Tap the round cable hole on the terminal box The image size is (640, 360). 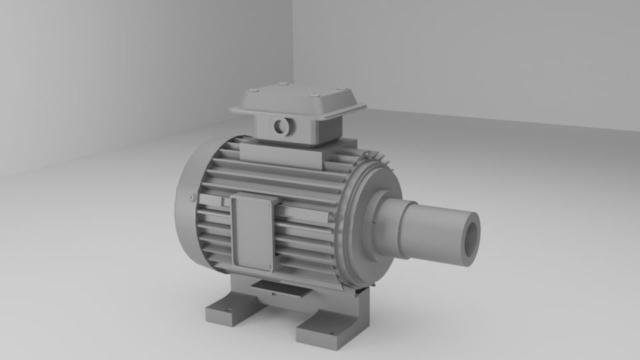point(281,125)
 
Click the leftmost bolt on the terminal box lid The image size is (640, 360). point(252,91)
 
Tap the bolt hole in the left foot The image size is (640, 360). point(227,310)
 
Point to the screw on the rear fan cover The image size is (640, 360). point(191,197)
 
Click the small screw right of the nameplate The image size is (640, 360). point(329,217)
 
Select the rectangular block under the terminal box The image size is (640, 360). point(283,155)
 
